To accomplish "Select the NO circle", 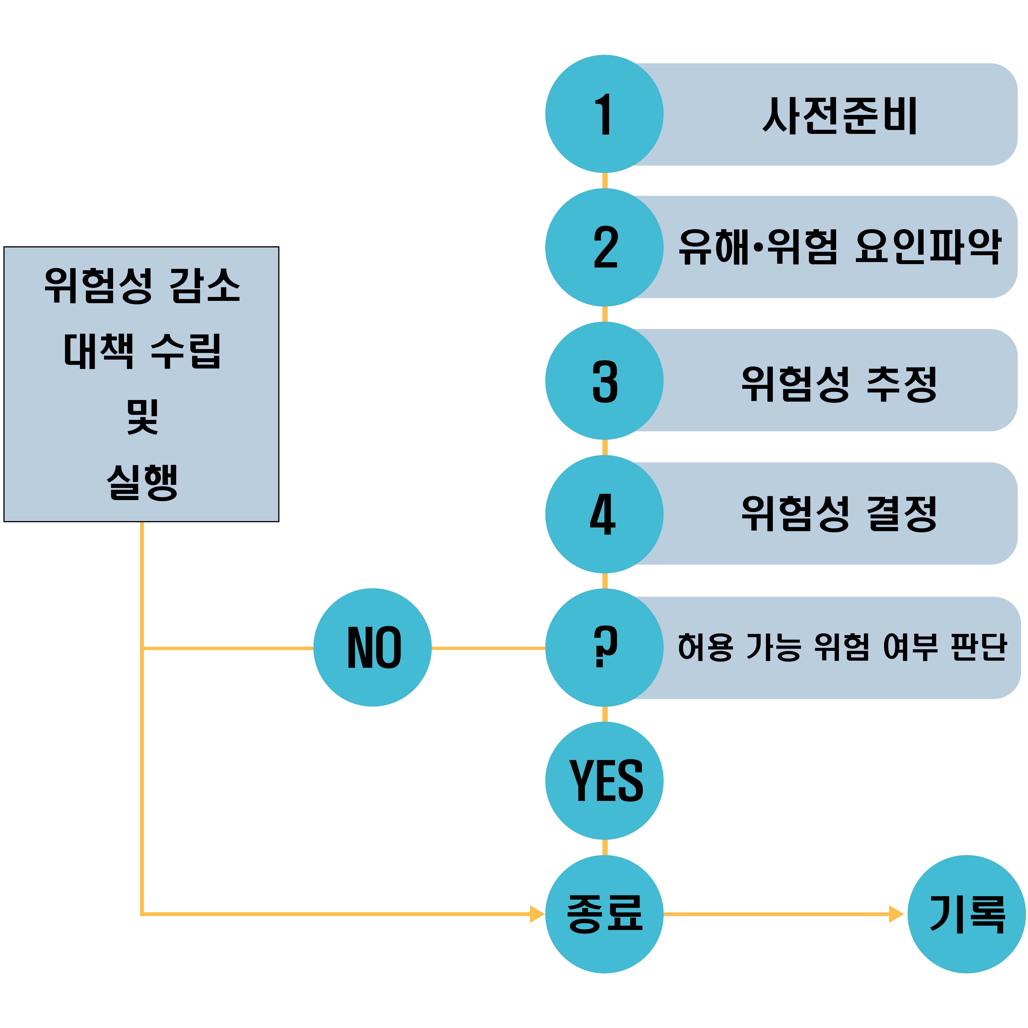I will (x=372, y=648).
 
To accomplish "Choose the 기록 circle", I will (x=966, y=914).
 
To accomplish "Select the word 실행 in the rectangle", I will (x=142, y=482).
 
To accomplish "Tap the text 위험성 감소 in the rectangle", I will (x=142, y=286).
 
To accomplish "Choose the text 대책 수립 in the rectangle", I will (x=142, y=351).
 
